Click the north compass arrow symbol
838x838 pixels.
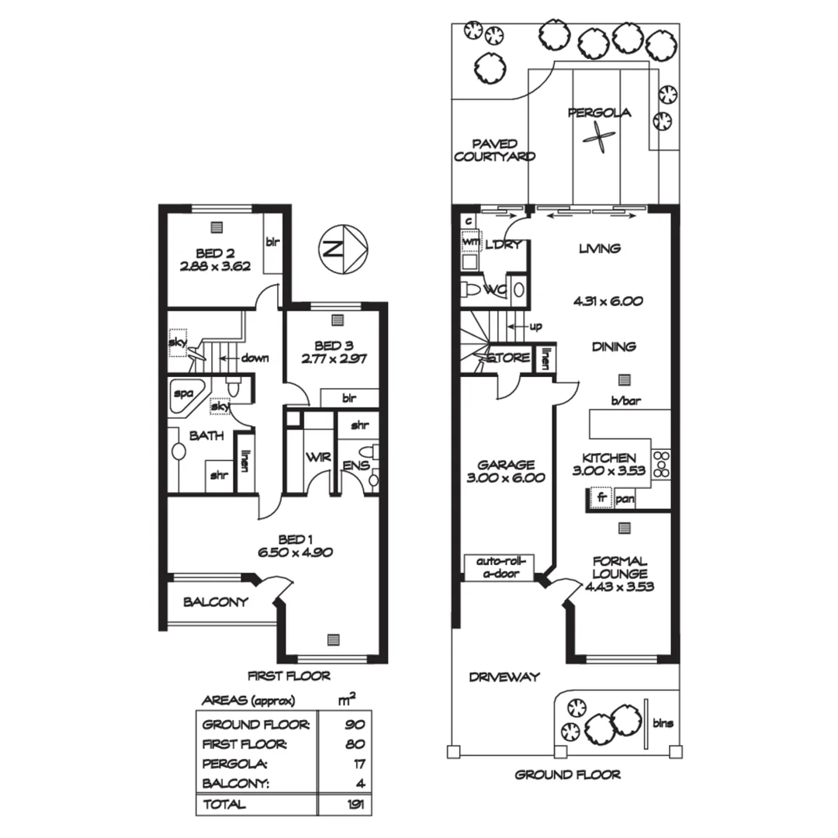point(344,249)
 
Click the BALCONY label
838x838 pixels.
point(216,601)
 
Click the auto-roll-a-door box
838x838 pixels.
point(501,567)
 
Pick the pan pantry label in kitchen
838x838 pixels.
point(625,499)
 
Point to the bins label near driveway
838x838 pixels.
point(662,723)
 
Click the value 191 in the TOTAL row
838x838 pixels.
point(355,804)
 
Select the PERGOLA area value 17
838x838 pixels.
point(357,764)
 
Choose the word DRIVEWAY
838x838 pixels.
point(504,677)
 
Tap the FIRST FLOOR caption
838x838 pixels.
point(289,675)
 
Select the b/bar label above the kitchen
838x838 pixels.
point(629,401)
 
